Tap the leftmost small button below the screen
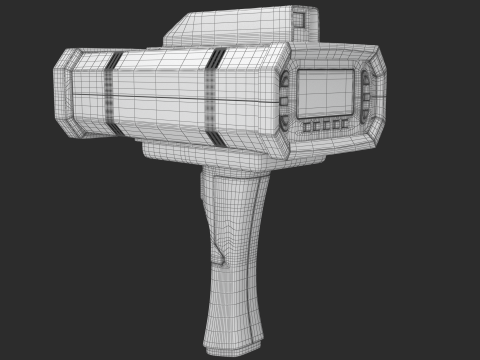pyautogui.click(x=306, y=126)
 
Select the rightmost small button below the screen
pyautogui.click(x=345, y=124)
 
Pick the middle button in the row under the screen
pyautogui.click(x=326, y=125)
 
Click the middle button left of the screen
pyautogui.click(x=285, y=100)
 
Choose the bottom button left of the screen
pyautogui.click(x=285, y=121)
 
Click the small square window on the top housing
pyautogui.click(x=299, y=19)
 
